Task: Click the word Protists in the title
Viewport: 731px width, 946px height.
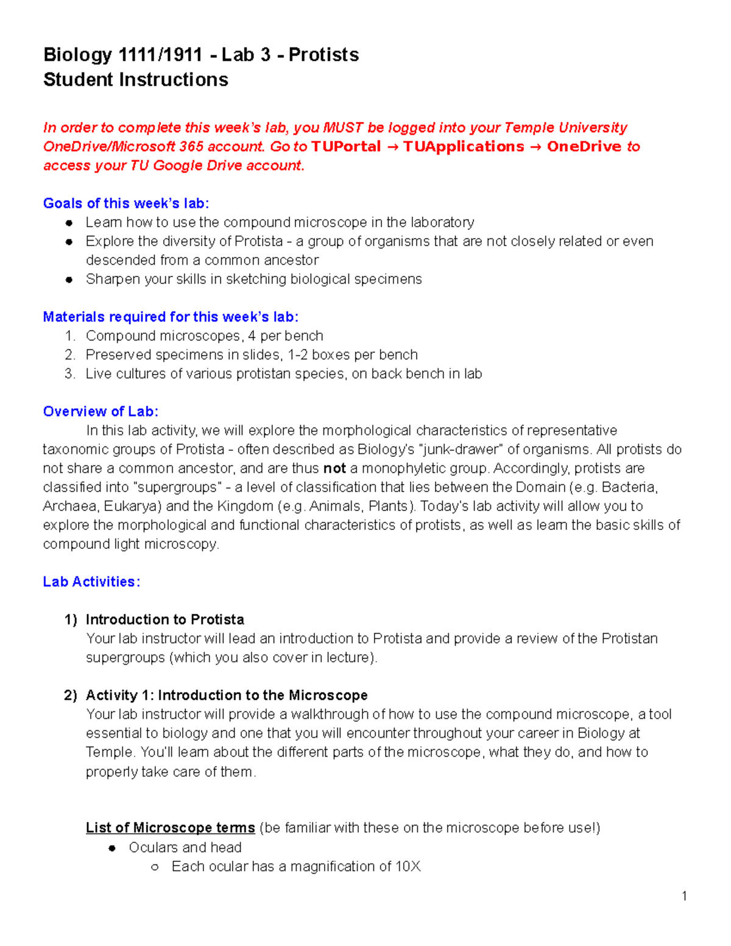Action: [x=323, y=55]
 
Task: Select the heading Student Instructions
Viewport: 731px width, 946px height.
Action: [x=135, y=80]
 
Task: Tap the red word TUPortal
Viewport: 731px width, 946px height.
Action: [x=345, y=147]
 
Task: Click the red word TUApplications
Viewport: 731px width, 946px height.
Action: [x=463, y=147]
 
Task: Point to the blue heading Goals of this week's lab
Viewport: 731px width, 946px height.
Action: [x=125, y=203]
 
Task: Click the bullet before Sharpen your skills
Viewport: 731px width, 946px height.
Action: [x=69, y=280]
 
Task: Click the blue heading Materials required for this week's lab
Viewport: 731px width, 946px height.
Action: [x=170, y=317]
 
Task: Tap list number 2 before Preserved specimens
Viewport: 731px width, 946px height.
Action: [x=69, y=355]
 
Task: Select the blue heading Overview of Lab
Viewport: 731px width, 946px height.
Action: [x=101, y=412]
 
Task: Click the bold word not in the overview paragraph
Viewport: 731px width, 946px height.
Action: [x=334, y=468]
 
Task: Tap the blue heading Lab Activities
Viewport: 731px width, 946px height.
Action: [x=91, y=582]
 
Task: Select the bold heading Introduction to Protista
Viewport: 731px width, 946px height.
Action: [x=164, y=619]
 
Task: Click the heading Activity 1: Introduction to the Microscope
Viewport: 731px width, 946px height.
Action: [x=226, y=695]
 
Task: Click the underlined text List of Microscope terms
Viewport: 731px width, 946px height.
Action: [x=170, y=828]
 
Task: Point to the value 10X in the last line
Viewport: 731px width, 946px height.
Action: [x=408, y=866]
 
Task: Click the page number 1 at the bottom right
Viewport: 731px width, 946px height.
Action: [x=684, y=895]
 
